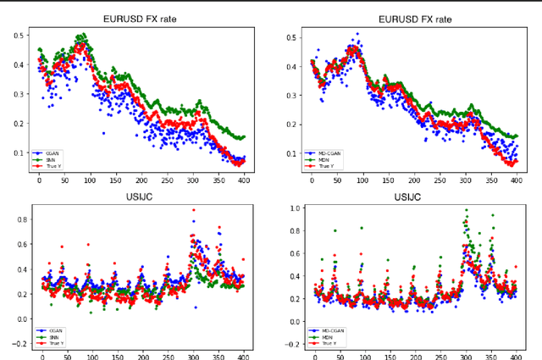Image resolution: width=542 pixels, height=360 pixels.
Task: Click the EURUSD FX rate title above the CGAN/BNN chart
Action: (141, 19)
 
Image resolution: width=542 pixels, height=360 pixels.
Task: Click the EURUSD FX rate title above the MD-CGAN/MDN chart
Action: (414, 19)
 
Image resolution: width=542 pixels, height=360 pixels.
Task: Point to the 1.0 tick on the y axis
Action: (290, 208)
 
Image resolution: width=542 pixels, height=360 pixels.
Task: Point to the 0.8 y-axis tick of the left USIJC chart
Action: (17, 219)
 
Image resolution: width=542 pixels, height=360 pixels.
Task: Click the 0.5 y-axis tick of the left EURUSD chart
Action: (17, 36)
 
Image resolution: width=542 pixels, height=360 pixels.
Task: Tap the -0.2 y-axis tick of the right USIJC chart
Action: (289, 345)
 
